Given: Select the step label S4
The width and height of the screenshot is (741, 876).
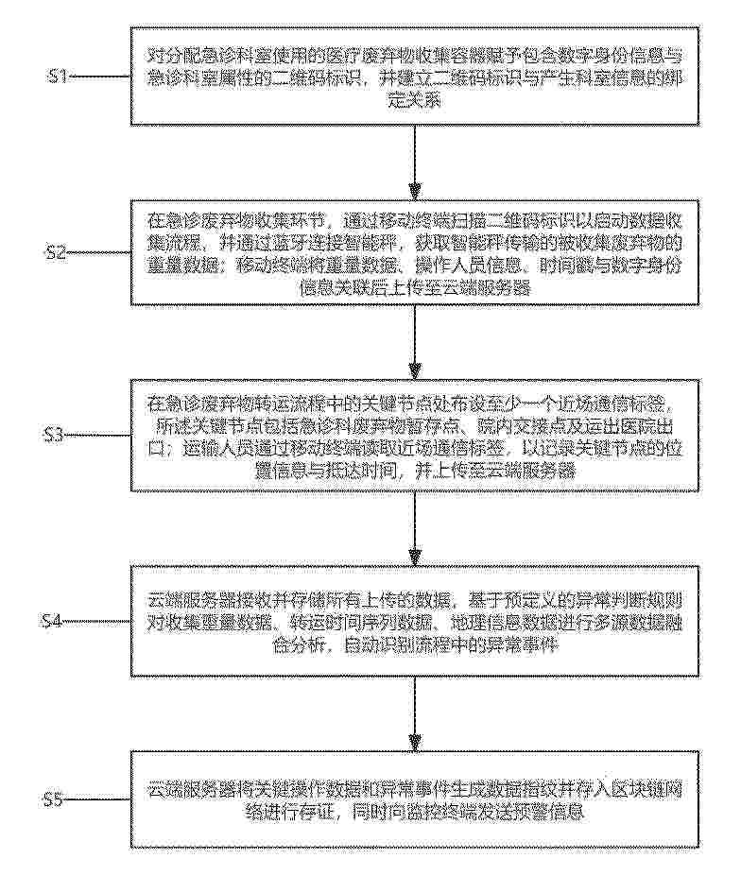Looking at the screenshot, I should (x=56, y=620).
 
